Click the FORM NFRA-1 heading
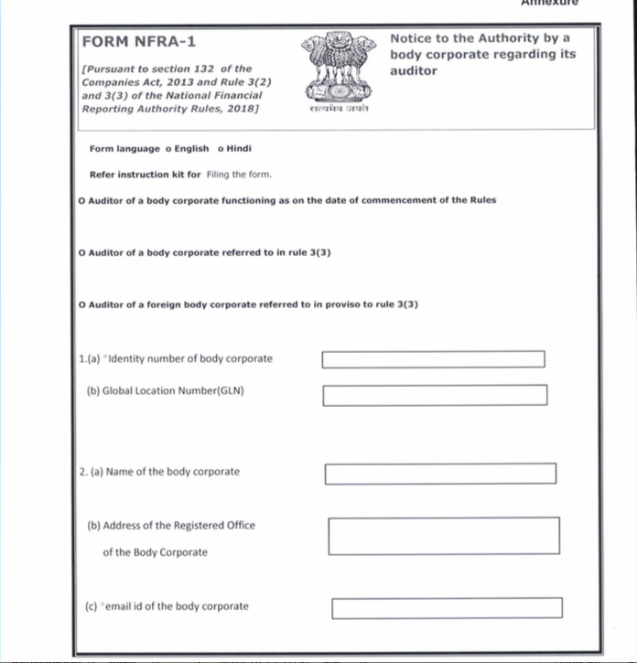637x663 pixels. coord(138,42)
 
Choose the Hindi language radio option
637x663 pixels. coord(221,149)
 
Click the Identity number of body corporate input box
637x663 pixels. coord(433,359)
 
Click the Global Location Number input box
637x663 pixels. coord(435,395)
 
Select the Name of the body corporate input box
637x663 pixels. coord(440,474)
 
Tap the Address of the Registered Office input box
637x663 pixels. coord(444,536)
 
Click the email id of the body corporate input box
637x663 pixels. coord(447,608)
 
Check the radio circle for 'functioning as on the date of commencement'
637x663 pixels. coord(82,200)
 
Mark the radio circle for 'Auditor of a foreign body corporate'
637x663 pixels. coord(82,304)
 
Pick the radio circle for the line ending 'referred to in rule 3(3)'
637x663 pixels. coord(82,252)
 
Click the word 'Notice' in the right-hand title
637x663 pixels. coord(411,38)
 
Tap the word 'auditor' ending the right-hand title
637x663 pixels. coord(414,70)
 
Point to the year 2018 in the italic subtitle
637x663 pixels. coord(242,109)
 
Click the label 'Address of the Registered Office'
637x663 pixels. coord(170,526)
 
